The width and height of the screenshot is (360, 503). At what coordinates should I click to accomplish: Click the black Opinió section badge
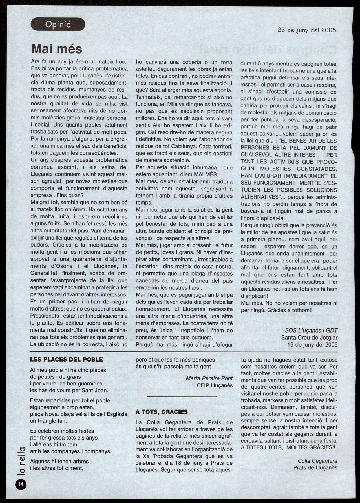(x=58, y=24)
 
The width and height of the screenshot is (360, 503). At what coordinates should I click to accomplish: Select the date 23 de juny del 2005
(x=307, y=30)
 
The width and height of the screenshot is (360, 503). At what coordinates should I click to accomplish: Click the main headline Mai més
(x=57, y=49)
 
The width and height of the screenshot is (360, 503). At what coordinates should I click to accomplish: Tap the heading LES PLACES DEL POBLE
(x=66, y=360)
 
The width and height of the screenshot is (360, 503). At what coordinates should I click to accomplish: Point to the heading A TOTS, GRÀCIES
(x=162, y=412)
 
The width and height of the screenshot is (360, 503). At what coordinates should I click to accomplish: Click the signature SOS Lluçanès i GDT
(x=311, y=330)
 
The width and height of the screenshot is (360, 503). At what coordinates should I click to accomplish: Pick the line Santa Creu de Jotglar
(x=309, y=337)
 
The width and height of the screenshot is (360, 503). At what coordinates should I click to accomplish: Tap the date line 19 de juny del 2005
(x=312, y=344)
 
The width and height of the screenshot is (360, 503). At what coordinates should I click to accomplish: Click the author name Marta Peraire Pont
(x=209, y=378)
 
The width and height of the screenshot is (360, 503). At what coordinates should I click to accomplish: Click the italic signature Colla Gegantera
(x=317, y=461)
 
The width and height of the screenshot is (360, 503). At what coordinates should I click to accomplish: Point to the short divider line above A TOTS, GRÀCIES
(x=182, y=397)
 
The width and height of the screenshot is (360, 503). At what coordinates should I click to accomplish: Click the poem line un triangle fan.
(x=48, y=421)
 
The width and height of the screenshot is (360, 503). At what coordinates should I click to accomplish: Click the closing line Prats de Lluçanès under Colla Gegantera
(x=315, y=468)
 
